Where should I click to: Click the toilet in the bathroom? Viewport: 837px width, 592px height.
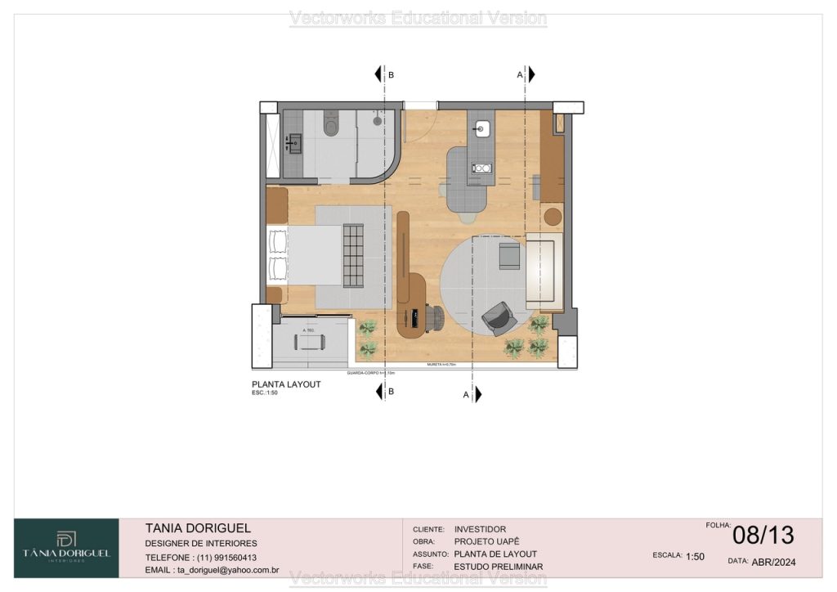click(331, 125)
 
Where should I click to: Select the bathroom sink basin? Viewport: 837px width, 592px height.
click(293, 144)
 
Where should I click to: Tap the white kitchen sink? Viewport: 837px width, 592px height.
click(481, 128)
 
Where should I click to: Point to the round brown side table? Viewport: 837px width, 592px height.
click(553, 217)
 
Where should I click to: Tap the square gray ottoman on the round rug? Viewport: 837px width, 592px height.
click(509, 255)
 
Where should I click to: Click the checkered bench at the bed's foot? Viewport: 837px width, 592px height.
click(353, 255)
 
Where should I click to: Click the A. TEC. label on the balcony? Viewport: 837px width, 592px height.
click(310, 330)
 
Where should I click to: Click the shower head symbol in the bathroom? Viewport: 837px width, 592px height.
click(377, 120)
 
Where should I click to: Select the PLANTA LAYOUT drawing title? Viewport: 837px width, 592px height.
click(286, 384)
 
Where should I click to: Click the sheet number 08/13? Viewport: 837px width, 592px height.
click(763, 535)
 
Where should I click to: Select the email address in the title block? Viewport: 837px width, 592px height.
click(213, 570)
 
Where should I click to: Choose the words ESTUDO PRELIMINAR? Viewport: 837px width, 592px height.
click(498, 567)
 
